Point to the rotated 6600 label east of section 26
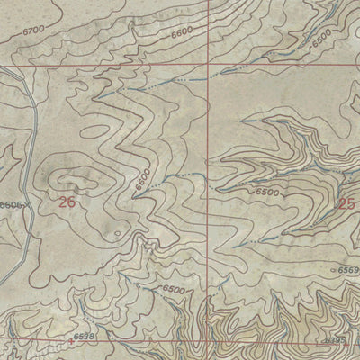(141, 178)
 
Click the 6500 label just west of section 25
(267, 192)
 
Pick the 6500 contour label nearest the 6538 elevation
(174, 290)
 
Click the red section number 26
(66, 202)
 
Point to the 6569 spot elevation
(348, 269)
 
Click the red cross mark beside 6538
(70, 342)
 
